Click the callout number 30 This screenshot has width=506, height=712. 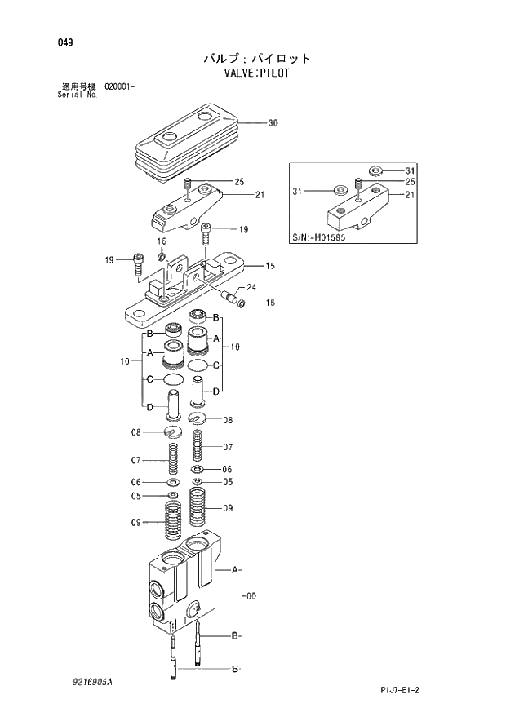273,123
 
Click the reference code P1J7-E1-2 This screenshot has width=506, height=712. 405,690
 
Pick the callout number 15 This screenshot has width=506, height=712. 269,266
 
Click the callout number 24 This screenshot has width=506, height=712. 251,287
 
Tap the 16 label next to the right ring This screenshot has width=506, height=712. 269,303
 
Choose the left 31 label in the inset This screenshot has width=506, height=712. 299,192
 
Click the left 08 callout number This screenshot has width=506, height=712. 136,432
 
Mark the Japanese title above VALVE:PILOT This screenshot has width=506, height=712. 257,58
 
